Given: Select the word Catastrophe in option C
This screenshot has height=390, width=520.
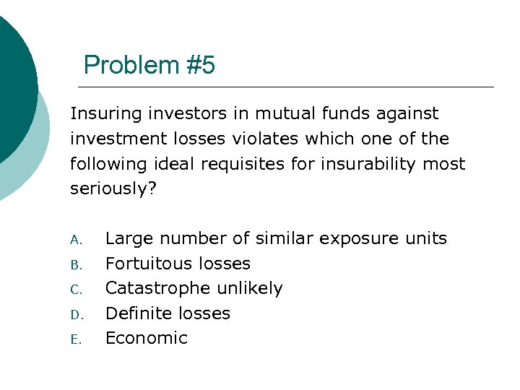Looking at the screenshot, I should click(155, 288).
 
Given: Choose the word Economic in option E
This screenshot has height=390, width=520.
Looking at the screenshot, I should click(147, 338).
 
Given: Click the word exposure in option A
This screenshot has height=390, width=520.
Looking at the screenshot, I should click(355, 239).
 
